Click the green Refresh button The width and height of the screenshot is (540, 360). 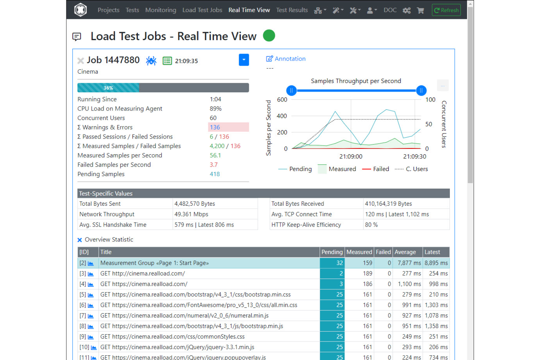pyautogui.click(x=446, y=10)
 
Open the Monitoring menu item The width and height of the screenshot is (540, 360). pyautogui.click(x=161, y=10)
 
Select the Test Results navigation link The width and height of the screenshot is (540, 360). pyautogui.click(x=292, y=10)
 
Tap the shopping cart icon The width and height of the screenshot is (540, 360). pyautogui.click(x=420, y=10)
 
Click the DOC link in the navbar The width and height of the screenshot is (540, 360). pyautogui.click(x=390, y=10)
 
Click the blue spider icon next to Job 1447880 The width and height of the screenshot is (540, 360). pyautogui.click(x=151, y=61)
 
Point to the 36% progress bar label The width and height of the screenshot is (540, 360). pyautogui.click(x=108, y=88)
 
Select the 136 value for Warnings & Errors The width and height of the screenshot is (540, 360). pyautogui.click(x=215, y=127)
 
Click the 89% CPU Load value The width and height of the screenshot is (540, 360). pyautogui.click(x=216, y=109)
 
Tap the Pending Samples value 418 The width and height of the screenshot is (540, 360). pyautogui.click(x=215, y=174)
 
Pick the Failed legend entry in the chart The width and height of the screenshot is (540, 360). pyautogui.click(x=381, y=169)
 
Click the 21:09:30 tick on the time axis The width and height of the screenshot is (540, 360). pyautogui.click(x=414, y=156)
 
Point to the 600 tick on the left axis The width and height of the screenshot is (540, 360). pyautogui.click(x=282, y=100)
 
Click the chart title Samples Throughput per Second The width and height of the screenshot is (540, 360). pyautogui.click(x=356, y=81)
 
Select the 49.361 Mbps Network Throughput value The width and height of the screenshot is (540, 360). pyautogui.click(x=191, y=214)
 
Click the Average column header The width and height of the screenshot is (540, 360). pyautogui.click(x=405, y=252)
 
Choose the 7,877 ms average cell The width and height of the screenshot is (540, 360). pyautogui.click(x=409, y=263)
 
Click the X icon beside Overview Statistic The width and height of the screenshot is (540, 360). pyautogui.click(x=80, y=240)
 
